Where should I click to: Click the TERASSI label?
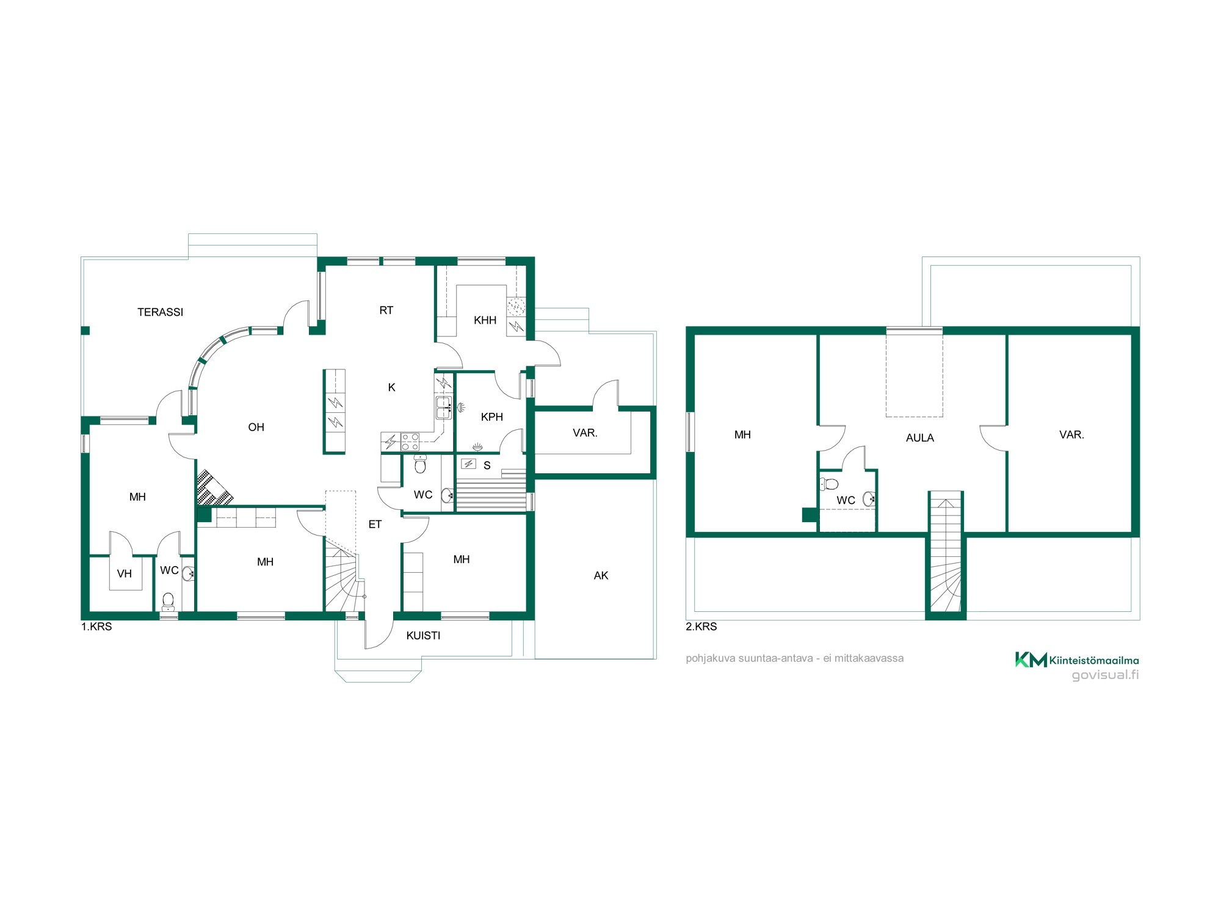pos(160,312)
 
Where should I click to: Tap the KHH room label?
pos(485,320)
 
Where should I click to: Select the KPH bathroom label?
pos(492,417)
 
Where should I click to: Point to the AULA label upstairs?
pos(920,438)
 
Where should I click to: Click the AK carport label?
pos(601,575)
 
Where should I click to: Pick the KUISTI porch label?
pos(423,636)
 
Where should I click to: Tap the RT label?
pos(386,310)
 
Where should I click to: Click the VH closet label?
pos(125,573)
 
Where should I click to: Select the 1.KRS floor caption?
pos(96,627)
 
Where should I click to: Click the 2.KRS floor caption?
pos(701,627)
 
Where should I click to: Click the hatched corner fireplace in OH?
pos(212,489)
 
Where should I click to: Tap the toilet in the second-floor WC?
pos(828,484)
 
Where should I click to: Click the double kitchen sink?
pos(444,407)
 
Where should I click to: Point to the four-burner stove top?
pos(410,442)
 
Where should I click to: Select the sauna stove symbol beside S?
pos(468,464)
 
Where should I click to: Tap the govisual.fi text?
pos(1106,675)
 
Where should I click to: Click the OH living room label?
pos(256,427)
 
